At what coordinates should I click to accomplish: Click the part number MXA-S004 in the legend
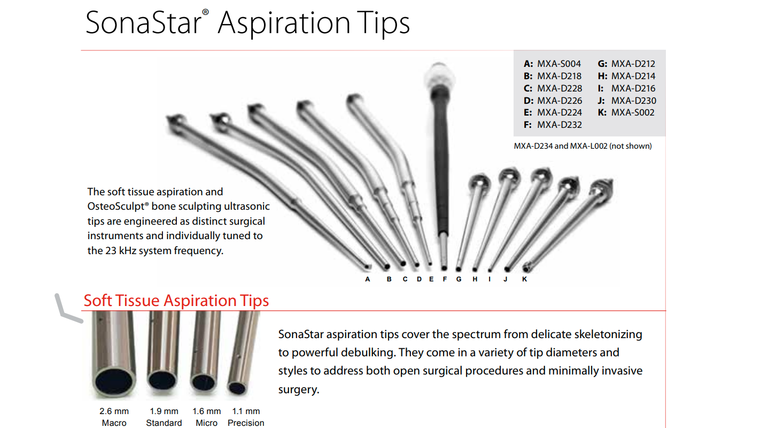[559, 64]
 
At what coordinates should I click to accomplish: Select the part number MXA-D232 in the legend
[560, 125]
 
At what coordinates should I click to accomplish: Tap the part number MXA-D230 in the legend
[633, 101]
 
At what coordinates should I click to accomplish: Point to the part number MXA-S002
[633, 112]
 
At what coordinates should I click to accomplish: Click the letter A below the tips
[368, 279]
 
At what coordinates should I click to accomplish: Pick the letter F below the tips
[445, 279]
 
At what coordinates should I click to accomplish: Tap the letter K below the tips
[524, 279]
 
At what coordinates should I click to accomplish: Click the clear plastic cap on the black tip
[439, 75]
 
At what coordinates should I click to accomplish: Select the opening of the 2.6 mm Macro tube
[114, 382]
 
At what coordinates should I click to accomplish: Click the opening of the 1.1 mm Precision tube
[237, 388]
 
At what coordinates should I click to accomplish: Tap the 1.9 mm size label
[164, 411]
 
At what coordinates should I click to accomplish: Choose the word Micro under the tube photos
[206, 423]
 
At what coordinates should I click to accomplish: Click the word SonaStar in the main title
[144, 23]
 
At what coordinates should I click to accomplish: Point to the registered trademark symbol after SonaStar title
[205, 12]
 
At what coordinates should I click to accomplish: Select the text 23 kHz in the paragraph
[121, 251]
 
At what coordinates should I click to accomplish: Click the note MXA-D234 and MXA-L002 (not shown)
[583, 146]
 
